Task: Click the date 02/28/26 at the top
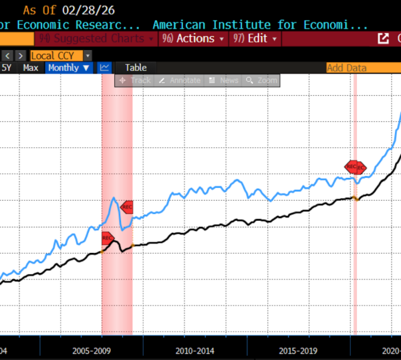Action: click(90, 10)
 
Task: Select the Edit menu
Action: click(255, 38)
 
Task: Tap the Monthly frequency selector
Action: click(68, 68)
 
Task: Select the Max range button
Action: click(31, 68)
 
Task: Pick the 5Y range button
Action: click(7, 68)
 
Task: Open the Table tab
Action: click(136, 68)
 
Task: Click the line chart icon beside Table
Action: click(105, 68)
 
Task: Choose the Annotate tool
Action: click(180, 80)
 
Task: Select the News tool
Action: click(223, 80)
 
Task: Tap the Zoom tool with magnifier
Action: click(261, 80)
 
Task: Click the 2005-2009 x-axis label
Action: click(91, 350)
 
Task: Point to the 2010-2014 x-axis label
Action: click(194, 350)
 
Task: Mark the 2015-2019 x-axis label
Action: click(298, 350)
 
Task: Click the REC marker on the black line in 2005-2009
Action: click(108, 238)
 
